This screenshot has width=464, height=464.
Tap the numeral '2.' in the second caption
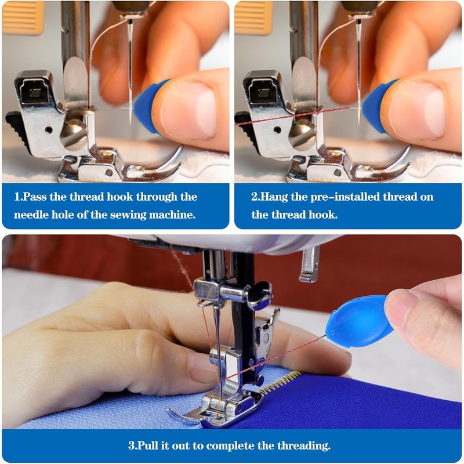tap(255, 197)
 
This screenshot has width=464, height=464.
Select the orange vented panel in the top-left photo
tap(23, 17)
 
